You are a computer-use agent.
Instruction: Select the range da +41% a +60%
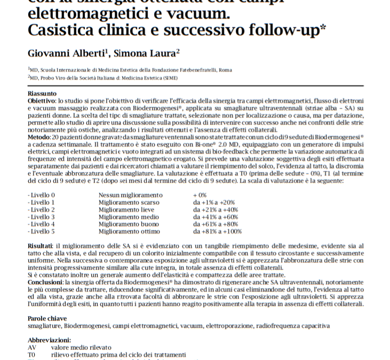(216, 217)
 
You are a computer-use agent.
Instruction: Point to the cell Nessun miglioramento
(130, 195)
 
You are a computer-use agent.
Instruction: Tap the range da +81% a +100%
(217, 231)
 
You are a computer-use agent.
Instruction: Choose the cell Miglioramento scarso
(129, 203)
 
